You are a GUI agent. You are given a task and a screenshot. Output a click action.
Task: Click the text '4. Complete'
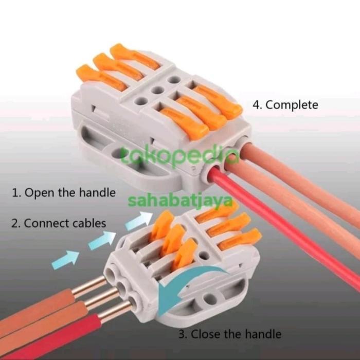[285, 105]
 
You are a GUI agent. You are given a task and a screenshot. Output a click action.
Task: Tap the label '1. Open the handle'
[63, 193]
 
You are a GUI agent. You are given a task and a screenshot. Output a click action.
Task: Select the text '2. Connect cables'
[59, 223]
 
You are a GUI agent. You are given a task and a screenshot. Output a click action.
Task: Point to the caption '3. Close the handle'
[230, 334]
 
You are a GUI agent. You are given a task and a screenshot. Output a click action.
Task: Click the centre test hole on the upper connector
[157, 91]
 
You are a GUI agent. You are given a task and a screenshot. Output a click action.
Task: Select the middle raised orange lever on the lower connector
[174, 239]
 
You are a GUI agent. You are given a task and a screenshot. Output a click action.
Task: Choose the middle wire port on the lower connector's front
[121, 286]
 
